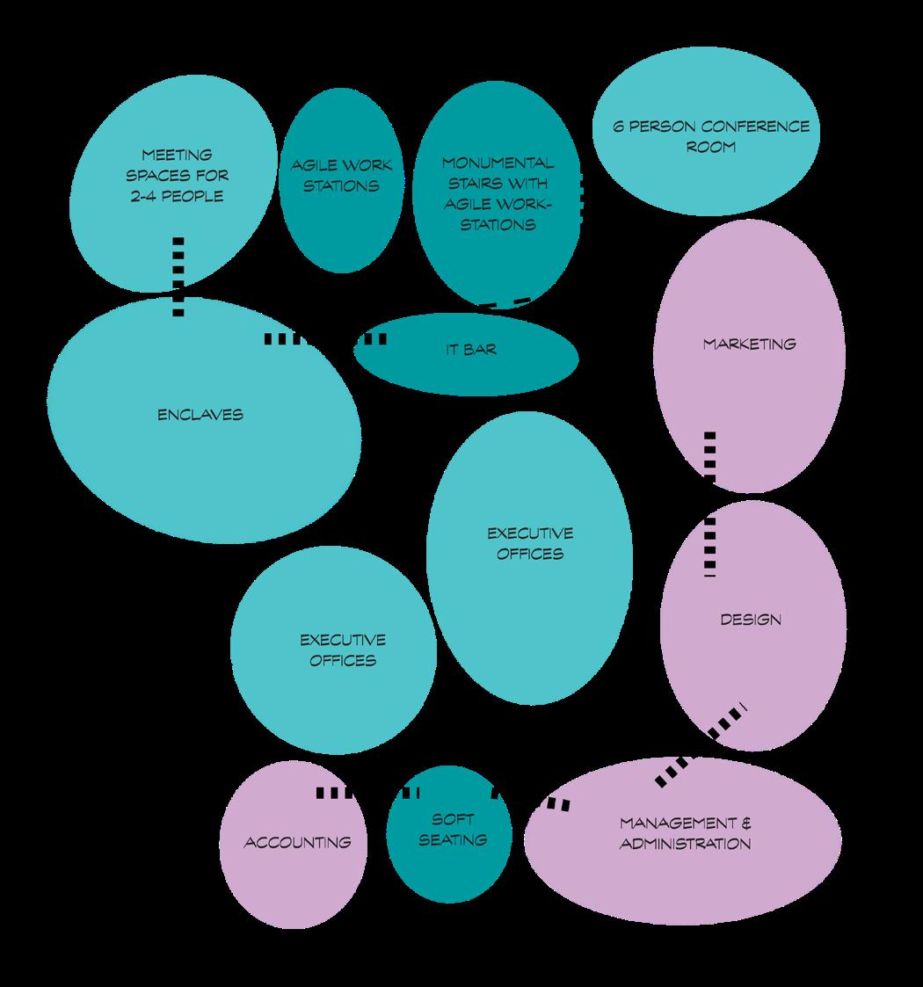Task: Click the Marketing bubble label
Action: (749, 344)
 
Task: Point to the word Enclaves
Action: (200, 415)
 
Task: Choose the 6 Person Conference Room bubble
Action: (711, 136)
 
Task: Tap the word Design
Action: (750, 620)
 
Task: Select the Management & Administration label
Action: (686, 833)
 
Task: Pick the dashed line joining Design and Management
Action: (701, 748)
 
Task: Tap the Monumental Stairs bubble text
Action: (498, 193)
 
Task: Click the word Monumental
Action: (498, 163)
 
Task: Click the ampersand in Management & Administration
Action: (746, 824)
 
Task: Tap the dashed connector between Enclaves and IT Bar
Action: (325, 338)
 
